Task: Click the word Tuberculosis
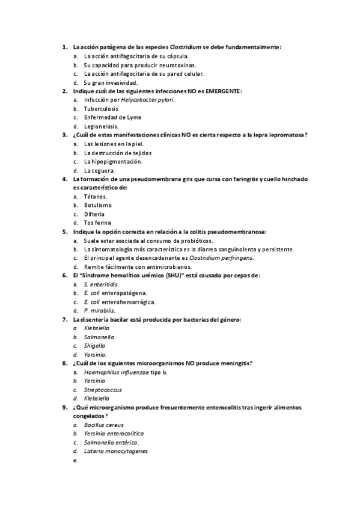101,109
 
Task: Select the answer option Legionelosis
101,126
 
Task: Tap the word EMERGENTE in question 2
224,91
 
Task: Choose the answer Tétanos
96,197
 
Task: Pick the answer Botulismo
98,205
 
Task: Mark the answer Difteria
94,214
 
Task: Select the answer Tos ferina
97,223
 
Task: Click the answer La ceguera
99,170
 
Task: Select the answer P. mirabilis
99,310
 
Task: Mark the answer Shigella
95,346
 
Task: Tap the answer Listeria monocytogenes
116,451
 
